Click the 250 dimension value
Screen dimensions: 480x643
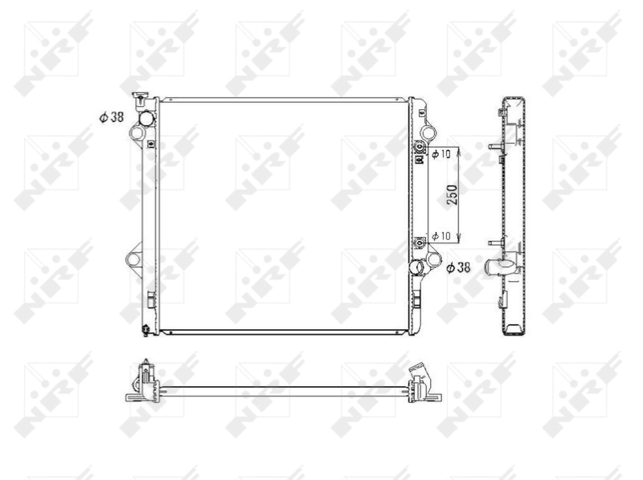[453, 195]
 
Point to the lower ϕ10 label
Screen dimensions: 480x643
[440, 236]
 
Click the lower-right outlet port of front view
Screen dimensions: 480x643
[416, 267]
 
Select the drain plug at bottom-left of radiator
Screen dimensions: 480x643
[145, 327]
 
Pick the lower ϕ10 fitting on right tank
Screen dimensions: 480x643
[419, 241]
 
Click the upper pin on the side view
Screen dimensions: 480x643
[494, 147]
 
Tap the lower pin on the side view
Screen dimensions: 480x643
[494, 242]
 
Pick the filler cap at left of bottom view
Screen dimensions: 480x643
[143, 371]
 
